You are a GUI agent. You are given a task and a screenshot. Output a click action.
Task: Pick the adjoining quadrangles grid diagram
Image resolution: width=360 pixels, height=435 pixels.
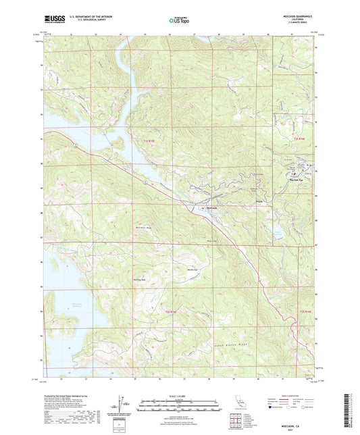coord(236,424)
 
